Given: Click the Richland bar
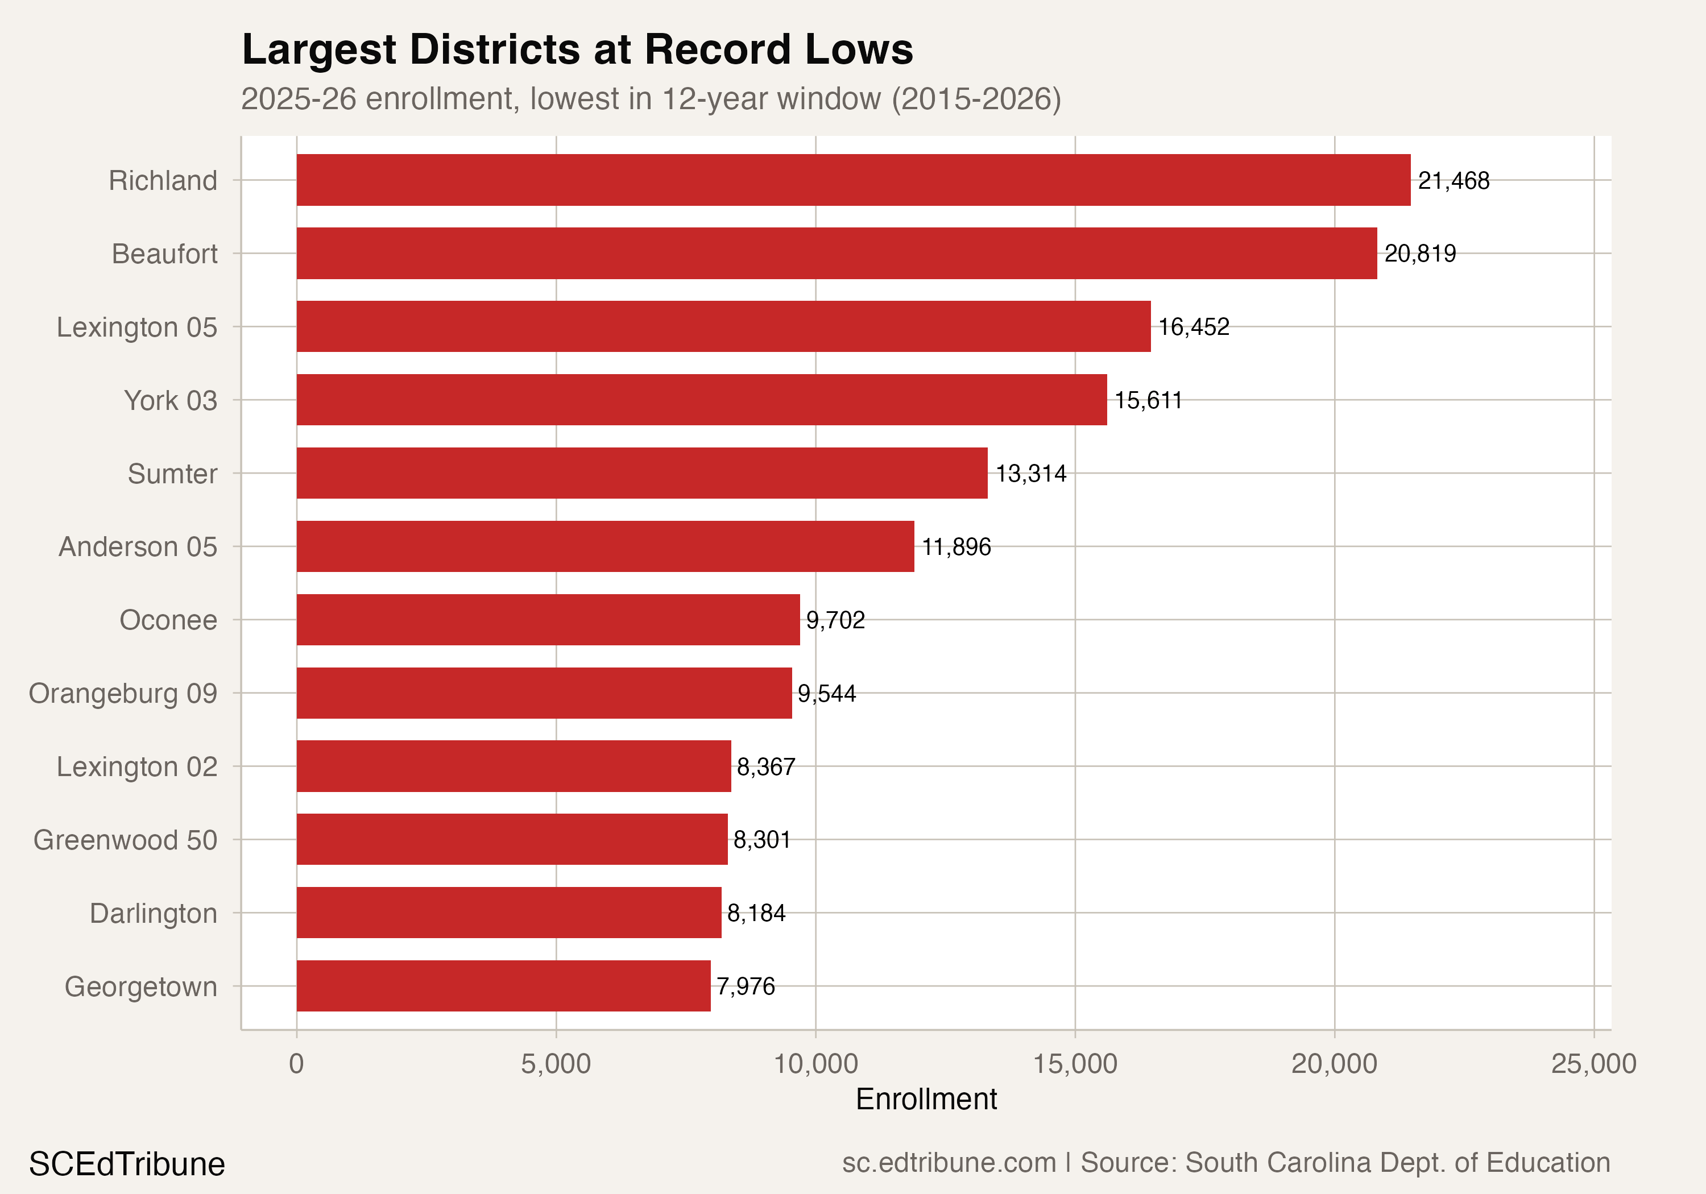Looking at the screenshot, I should click(x=853, y=180).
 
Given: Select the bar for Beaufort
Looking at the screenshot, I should click(x=836, y=254).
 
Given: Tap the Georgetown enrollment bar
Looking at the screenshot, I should click(x=503, y=986).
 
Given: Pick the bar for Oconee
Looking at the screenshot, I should click(x=548, y=620).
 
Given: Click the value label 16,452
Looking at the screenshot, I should click(x=1193, y=327).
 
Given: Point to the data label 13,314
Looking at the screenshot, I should click(x=1030, y=473).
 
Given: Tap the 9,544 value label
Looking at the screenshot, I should click(x=826, y=693).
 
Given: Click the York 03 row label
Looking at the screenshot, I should click(x=170, y=400).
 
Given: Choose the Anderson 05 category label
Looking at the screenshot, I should click(x=138, y=547).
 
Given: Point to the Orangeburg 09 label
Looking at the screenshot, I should click(x=123, y=693).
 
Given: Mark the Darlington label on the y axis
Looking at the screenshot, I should click(x=153, y=913).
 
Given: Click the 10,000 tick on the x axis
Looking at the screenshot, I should click(x=815, y=1064).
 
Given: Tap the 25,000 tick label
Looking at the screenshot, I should click(x=1593, y=1064).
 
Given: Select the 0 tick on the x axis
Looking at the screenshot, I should click(x=296, y=1064).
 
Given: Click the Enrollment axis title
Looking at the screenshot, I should click(x=926, y=1099).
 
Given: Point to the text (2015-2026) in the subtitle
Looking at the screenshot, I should click(x=976, y=99).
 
